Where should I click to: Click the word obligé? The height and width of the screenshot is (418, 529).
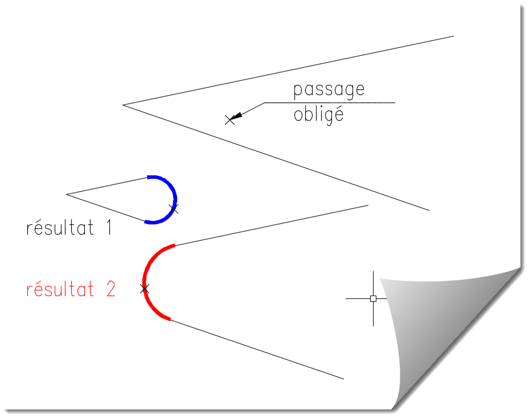318,115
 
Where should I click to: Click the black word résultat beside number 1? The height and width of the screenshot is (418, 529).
60,228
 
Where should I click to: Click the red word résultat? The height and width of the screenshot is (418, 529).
60,290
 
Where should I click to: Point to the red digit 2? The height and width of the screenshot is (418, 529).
110,289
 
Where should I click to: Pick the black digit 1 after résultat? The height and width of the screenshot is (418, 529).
108,228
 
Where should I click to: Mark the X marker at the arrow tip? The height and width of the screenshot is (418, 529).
229,120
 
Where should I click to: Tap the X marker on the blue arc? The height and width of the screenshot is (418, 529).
174,209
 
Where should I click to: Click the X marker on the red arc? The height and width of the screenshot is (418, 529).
145,289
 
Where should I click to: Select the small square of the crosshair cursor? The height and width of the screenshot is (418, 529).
373,298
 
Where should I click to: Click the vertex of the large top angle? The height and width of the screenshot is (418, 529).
123,105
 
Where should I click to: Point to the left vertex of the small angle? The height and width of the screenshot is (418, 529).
67,194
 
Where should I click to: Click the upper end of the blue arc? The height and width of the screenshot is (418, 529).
148,177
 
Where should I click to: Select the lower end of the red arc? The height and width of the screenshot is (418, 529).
170,319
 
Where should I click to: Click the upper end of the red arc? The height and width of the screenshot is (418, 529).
174,245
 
